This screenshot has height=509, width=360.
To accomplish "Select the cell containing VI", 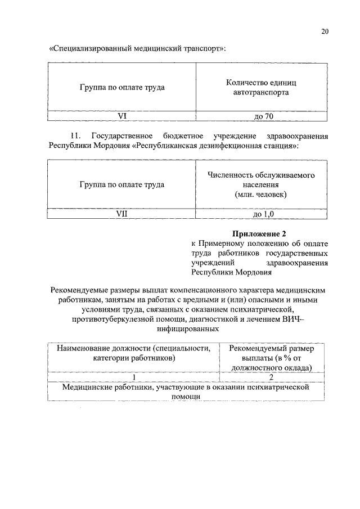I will click(x=121, y=116).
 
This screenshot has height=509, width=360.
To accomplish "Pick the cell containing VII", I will click(x=121, y=214).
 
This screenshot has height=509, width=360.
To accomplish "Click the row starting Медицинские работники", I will click(x=186, y=391).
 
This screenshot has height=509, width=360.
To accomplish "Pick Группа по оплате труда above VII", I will click(x=121, y=184).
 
